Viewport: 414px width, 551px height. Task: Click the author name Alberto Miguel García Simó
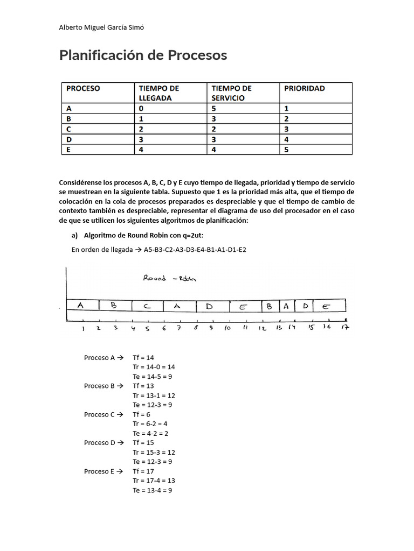click(101, 28)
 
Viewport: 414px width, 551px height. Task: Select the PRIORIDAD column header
click(305, 88)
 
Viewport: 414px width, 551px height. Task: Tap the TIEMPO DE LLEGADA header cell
click(159, 93)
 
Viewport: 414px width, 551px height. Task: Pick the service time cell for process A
click(214, 108)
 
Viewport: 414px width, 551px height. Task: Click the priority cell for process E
click(287, 150)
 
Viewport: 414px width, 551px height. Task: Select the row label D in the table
click(69, 139)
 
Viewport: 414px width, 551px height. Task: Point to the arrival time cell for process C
click(141, 129)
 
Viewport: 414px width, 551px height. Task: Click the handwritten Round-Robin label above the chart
click(170, 278)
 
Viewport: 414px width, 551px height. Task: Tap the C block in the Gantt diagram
click(147, 306)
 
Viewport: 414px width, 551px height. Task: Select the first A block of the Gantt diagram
click(81, 305)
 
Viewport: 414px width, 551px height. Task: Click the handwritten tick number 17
click(345, 327)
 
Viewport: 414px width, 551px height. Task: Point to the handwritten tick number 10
click(228, 327)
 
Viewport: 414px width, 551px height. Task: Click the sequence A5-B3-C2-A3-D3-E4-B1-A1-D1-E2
click(195, 249)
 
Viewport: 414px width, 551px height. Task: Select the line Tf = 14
click(144, 357)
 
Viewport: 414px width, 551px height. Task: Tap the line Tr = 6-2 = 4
click(150, 423)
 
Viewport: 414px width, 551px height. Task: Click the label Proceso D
click(100, 443)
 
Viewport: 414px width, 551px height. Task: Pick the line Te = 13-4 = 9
click(153, 490)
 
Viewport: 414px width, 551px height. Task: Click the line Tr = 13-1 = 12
click(154, 395)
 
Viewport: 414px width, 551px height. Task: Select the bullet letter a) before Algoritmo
click(75, 235)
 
